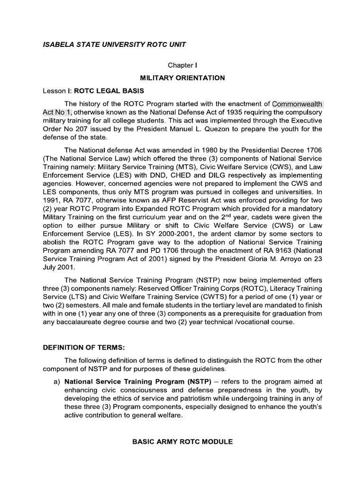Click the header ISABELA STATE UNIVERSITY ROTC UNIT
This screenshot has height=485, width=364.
point(115,45)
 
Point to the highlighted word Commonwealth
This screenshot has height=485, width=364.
point(297,104)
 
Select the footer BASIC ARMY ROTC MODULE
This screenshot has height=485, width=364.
point(182,441)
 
